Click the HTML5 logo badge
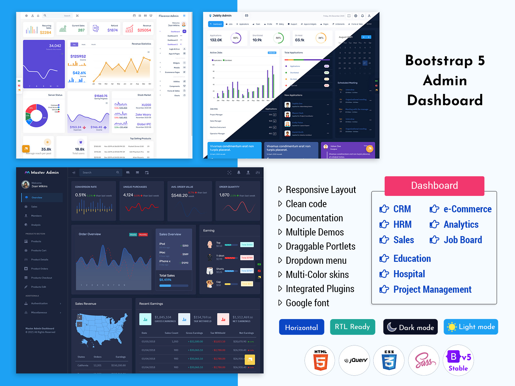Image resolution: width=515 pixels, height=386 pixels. [x=320, y=360]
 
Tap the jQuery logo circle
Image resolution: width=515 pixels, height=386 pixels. [x=355, y=360]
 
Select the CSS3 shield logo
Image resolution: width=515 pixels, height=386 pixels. [x=389, y=360]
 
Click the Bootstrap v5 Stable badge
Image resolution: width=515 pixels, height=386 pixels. [x=458, y=360]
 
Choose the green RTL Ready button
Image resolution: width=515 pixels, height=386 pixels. [x=352, y=327]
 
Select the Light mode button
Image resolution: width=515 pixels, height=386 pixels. [x=471, y=327]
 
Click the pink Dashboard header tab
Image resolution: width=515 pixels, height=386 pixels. [x=434, y=186]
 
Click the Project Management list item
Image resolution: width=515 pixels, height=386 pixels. [x=432, y=289]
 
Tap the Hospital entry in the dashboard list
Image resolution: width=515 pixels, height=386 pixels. [x=409, y=274]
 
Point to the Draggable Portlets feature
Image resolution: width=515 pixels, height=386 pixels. [x=320, y=246]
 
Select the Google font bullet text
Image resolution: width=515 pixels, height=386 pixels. [x=307, y=303]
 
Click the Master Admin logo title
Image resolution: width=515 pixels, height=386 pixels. [x=44, y=172]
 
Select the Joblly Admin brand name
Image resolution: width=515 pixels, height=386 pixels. [x=222, y=15]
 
